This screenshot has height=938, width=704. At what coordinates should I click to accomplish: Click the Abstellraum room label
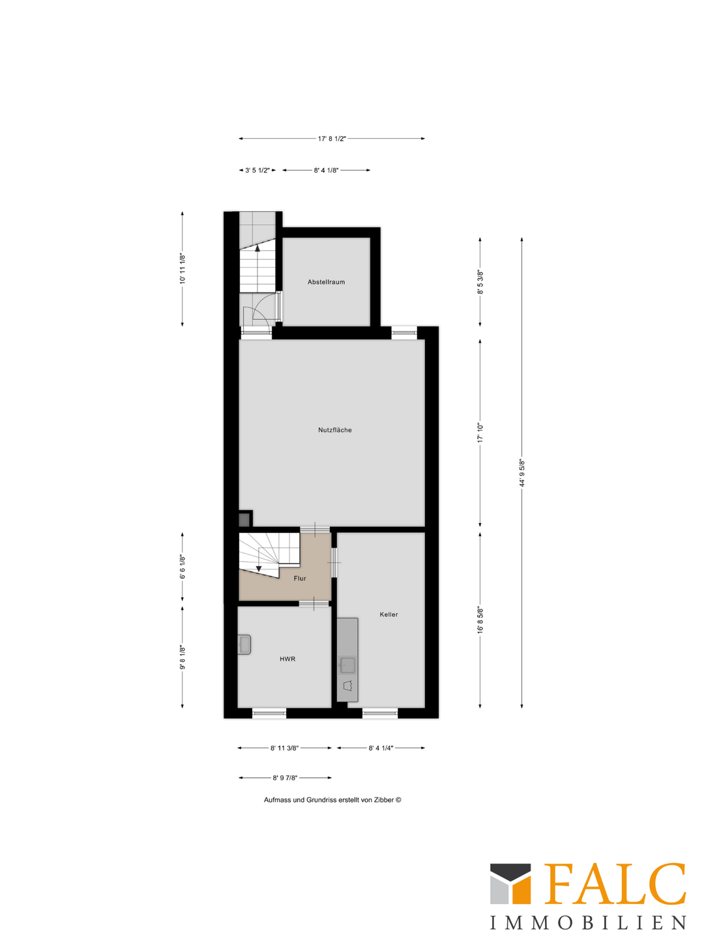[326, 282]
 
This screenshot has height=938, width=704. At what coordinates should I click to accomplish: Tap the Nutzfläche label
[334, 430]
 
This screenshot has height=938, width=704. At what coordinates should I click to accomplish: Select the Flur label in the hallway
[300, 578]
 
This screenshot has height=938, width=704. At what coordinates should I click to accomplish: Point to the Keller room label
[389, 614]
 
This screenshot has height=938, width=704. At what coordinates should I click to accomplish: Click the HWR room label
[287, 659]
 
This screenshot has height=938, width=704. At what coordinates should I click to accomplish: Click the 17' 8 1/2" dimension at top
[332, 139]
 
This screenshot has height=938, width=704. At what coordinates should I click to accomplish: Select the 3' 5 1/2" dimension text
[257, 170]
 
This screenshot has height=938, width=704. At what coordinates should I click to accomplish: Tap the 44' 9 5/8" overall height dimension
[521, 473]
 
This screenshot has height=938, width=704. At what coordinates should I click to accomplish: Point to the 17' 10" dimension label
[480, 433]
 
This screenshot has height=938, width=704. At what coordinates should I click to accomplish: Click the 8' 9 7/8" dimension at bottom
[285, 778]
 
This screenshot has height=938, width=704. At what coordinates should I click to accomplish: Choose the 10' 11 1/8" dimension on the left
[183, 268]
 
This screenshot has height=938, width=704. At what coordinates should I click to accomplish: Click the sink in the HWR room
[244, 644]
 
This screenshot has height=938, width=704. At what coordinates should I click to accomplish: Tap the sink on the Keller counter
[347, 665]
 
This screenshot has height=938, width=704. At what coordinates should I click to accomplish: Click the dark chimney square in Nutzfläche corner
[244, 520]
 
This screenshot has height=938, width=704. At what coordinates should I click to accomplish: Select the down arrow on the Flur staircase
[259, 569]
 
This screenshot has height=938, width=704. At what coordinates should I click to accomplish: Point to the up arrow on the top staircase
[257, 248]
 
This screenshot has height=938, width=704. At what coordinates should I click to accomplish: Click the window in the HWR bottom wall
[269, 714]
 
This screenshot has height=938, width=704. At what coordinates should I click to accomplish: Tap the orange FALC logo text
[615, 884]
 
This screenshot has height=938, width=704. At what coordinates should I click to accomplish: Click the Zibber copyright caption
[332, 800]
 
